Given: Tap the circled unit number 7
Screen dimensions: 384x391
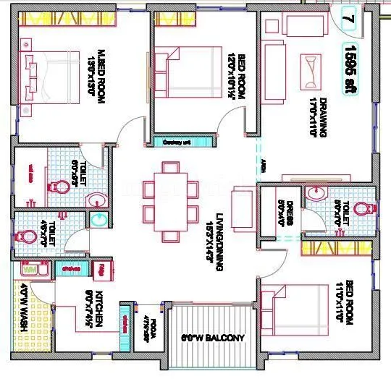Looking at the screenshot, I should coord(349,17).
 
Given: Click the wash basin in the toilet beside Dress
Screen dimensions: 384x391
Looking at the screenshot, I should coord(316,193).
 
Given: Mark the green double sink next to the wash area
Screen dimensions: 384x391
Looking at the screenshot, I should coord(70,268).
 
